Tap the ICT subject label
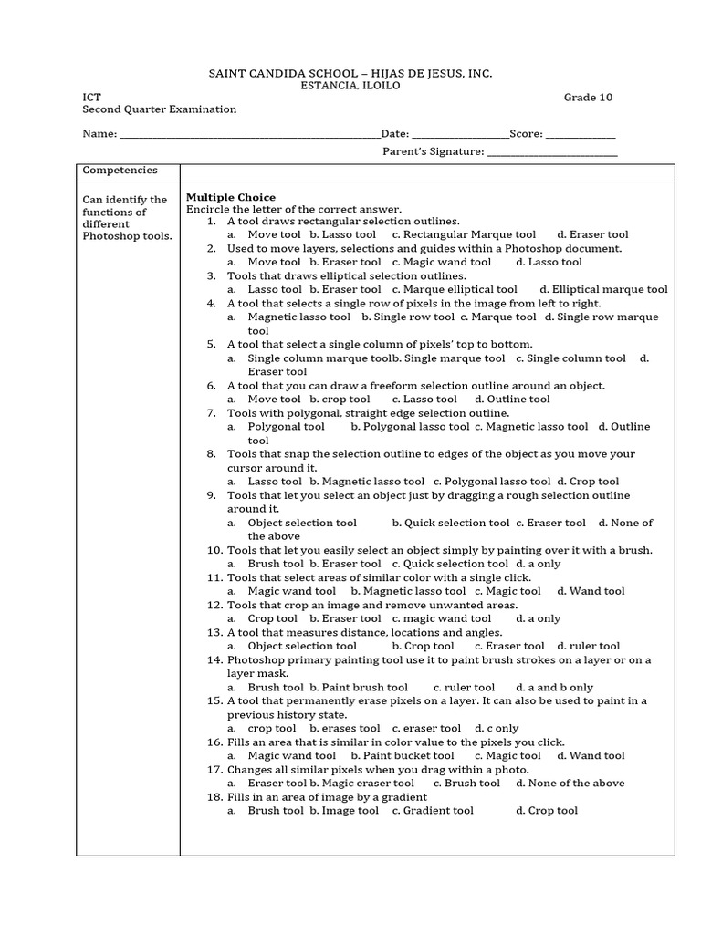(x=92, y=98)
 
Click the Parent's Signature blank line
(x=552, y=153)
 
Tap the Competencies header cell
(x=120, y=171)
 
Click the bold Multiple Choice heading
(x=231, y=197)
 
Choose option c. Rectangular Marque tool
(x=464, y=234)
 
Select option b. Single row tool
(x=407, y=317)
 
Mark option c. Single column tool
(x=570, y=358)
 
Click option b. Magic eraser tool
(x=361, y=783)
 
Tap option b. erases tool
(x=344, y=728)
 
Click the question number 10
(x=214, y=550)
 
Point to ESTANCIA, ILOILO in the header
(x=350, y=85)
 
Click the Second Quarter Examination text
(x=160, y=109)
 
